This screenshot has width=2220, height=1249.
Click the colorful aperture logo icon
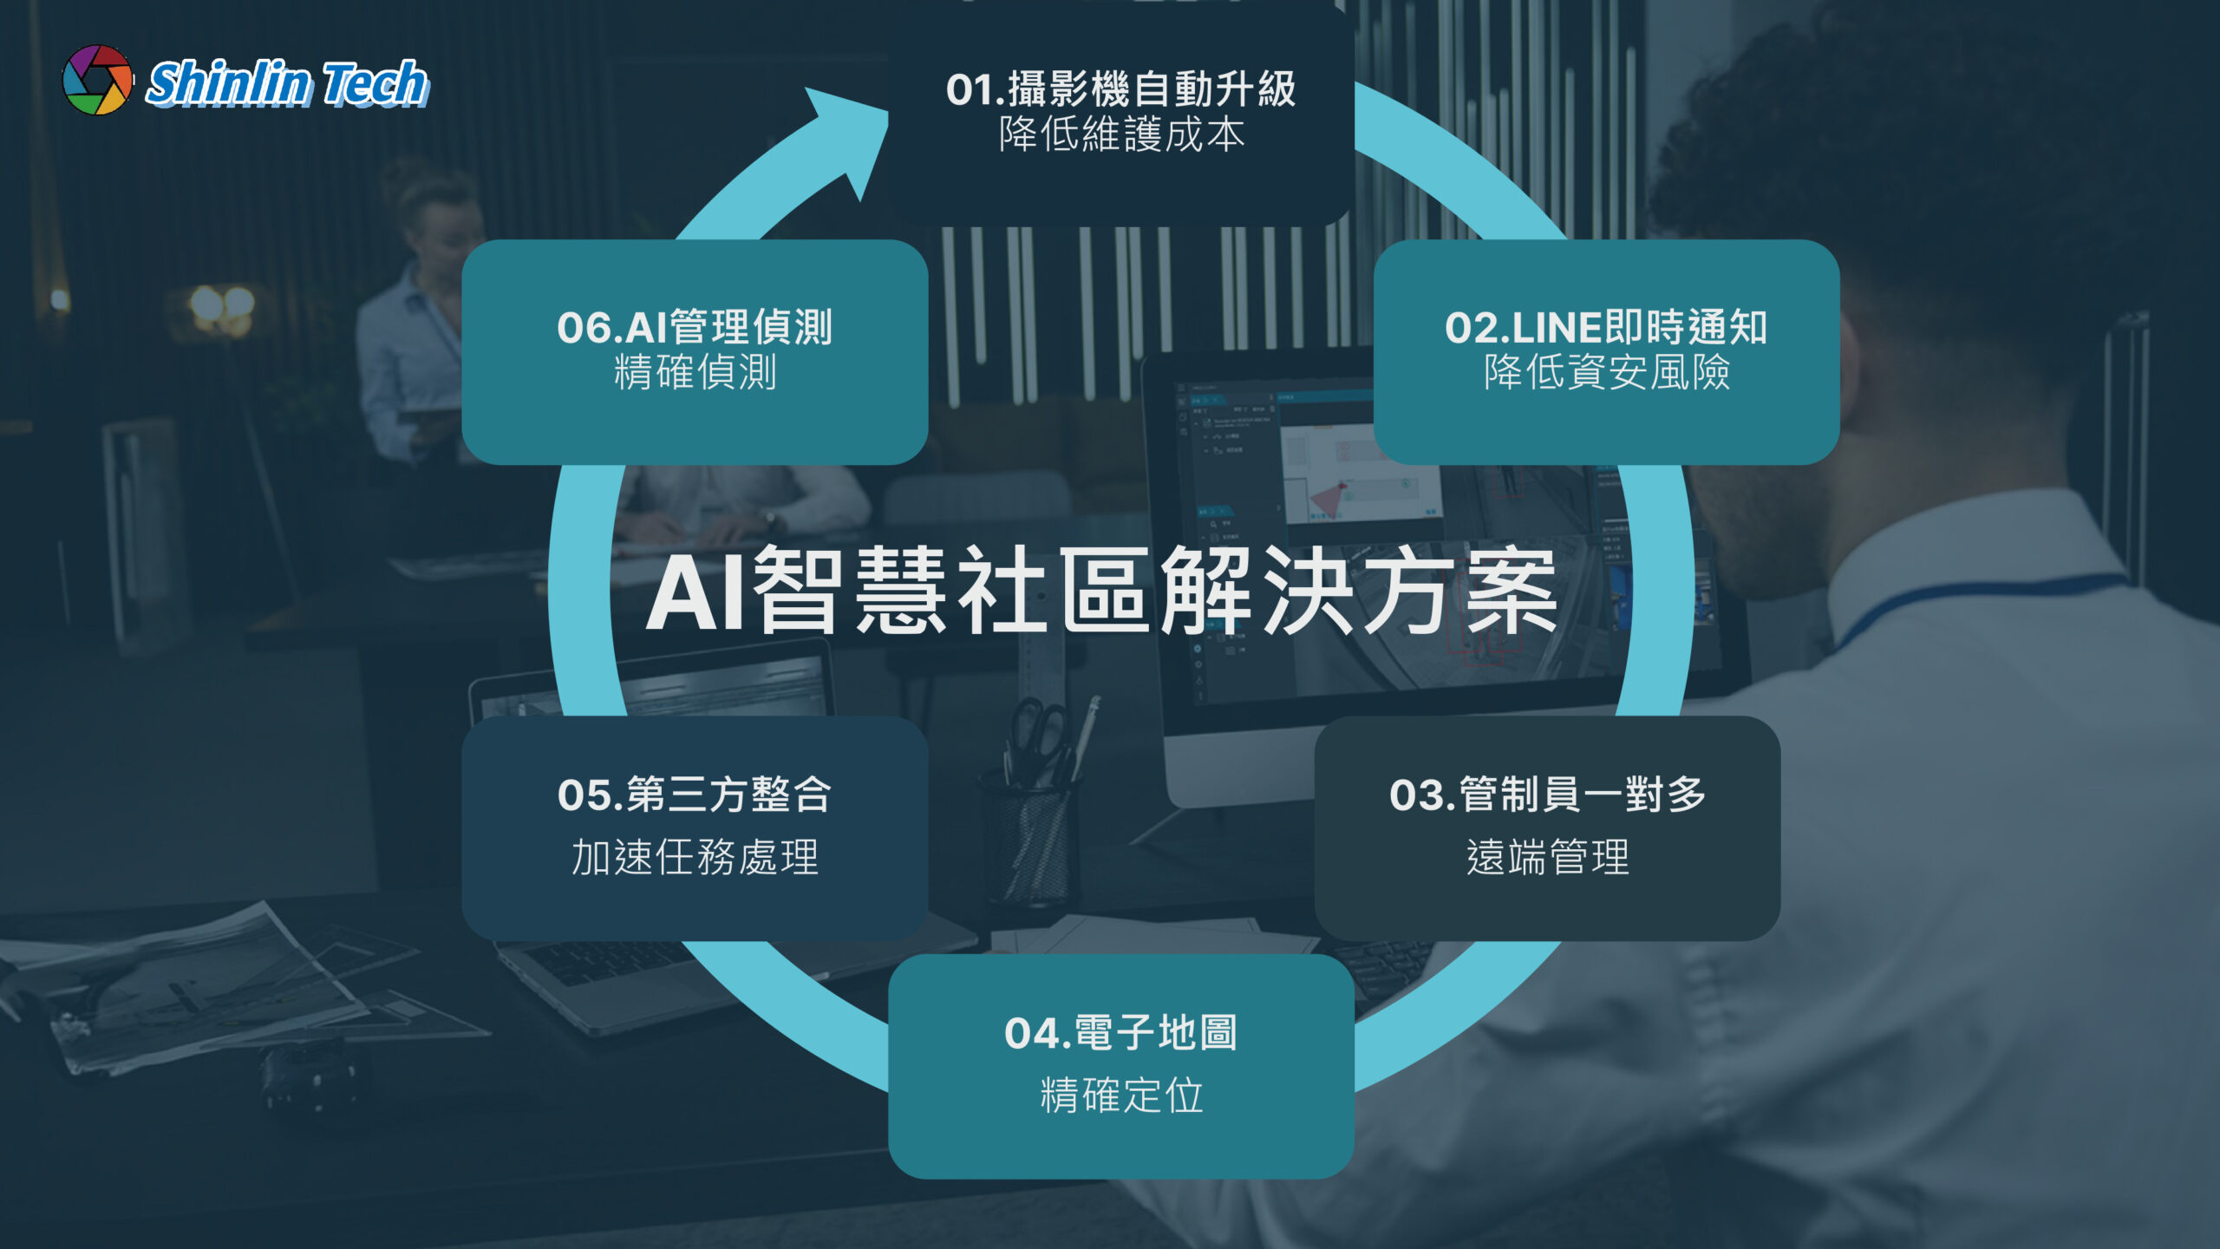tap(98, 80)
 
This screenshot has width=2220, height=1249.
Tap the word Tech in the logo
tap(375, 83)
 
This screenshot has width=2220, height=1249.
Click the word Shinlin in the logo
tap(228, 83)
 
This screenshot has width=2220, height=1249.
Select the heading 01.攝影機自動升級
tap(1120, 89)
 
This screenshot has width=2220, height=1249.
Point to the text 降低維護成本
tap(1121, 135)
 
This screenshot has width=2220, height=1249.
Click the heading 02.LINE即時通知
tap(1606, 328)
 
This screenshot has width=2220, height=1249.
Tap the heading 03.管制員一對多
tap(1547, 795)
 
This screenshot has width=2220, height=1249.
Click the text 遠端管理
tap(1548, 857)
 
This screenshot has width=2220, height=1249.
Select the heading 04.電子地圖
tap(1120, 1033)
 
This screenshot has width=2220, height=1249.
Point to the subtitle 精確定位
tap(1121, 1095)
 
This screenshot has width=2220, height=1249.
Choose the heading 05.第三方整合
tap(695, 795)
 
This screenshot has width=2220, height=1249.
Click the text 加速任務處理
tap(695, 857)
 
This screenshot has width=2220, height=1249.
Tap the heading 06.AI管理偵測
tap(695, 328)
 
